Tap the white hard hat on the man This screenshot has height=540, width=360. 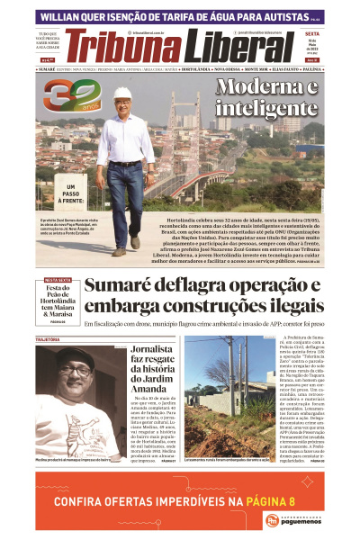(x=122, y=93)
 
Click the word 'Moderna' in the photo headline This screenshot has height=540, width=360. (x=267, y=88)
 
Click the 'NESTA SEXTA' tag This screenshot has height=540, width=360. (x=58, y=280)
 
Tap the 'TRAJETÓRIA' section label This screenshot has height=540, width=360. (x=53, y=340)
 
